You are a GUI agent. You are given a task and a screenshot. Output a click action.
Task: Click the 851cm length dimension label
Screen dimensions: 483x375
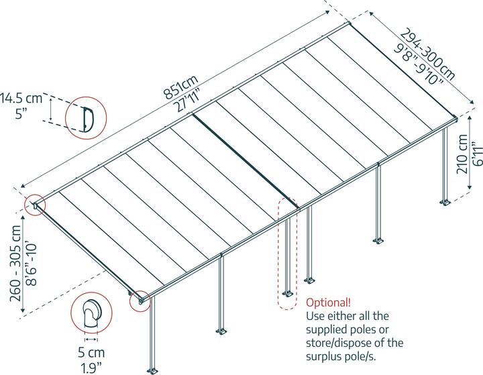181,87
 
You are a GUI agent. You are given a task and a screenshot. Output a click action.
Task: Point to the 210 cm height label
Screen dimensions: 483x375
462,154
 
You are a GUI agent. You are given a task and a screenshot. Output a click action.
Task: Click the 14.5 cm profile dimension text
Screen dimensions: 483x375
21,99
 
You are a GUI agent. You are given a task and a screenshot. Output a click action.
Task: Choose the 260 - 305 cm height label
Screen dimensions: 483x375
15,264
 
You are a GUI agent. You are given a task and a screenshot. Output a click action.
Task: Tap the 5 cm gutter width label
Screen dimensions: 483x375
91,352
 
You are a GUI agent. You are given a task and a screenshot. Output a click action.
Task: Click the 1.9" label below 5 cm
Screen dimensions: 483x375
91,368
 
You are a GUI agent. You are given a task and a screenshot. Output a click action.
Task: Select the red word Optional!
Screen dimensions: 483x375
328,303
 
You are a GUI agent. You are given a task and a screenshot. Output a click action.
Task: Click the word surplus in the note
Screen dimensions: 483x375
326,357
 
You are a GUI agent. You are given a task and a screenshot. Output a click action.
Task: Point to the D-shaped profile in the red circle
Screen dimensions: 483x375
88,119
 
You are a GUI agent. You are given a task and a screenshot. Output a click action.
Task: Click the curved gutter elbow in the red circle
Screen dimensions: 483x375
92,313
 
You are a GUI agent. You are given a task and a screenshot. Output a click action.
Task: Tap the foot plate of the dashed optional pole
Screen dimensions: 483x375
287,294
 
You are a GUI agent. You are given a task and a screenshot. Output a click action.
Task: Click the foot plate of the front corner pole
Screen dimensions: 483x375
152,371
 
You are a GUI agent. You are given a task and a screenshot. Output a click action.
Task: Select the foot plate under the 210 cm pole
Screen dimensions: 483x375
445,203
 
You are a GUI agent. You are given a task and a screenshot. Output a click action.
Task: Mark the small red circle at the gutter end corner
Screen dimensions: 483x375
140,301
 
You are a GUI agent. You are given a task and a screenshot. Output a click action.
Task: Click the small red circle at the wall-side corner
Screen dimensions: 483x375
35,205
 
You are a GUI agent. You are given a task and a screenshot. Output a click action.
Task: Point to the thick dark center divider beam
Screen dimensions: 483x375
245,160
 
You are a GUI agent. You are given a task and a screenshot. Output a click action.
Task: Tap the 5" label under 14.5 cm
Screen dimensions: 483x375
21,113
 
